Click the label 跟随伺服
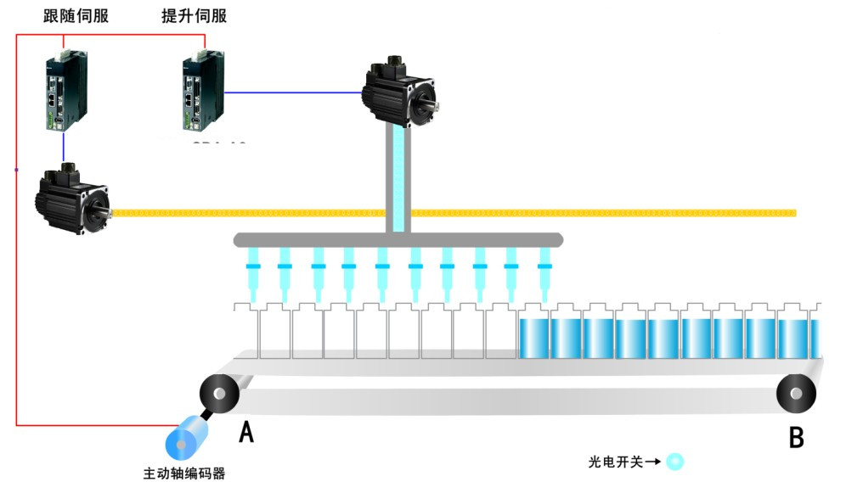click(x=76, y=16)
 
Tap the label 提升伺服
click(x=195, y=16)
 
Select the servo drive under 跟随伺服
click(x=66, y=89)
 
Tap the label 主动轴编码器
click(x=184, y=473)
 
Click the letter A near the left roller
click(x=246, y=433)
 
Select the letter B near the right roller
click(x=796, y=437)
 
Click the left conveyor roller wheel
click(x=218, y=395)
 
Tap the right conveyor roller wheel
click(x=796, y=393)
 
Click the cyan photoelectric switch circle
click(x=674, y=462)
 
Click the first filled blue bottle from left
click(x=534, y=335)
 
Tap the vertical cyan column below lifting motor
click(x=398, y=178)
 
